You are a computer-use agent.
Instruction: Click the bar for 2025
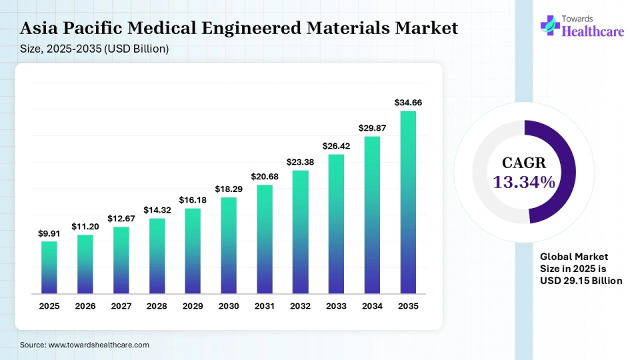point(49,267)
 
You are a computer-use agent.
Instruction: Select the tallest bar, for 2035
point(408,202)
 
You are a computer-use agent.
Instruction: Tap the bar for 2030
point(229,245)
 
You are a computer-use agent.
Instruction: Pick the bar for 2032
point(300,232)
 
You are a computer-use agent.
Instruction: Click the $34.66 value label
point(408,103)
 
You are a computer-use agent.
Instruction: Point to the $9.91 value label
point(49,233)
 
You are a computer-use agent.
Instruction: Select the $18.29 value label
point(229,189)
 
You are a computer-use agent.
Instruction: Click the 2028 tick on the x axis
point(157,306)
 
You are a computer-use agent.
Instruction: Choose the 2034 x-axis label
point(372,306)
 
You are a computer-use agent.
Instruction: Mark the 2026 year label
point(85,306)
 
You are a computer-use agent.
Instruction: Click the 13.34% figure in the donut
point(524,182)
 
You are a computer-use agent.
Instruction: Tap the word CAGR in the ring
point(524,163)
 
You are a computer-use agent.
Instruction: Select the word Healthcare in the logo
point(593,31)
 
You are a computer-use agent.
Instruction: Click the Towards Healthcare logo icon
point(551,26)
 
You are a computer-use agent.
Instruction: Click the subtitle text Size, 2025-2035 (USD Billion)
point(94,49)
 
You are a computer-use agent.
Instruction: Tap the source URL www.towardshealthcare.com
point(98,345)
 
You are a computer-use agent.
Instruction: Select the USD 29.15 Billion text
point(581,281)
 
